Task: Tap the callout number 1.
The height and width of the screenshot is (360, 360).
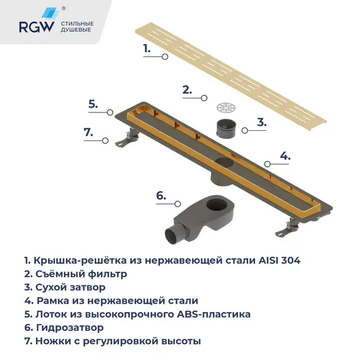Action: (x=147, y=48)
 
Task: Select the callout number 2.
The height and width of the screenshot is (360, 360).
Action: (x=187, y=90)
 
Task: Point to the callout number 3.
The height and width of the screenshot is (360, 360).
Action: (x=261, y=122)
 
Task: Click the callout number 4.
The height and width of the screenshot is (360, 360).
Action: (x=285, y=155)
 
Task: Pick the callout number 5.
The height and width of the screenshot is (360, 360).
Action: (x=93, y=105)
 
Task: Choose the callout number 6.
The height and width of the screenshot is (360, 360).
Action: (x=161, y=196)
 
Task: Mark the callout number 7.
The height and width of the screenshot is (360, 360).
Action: (x=88, y=133)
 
